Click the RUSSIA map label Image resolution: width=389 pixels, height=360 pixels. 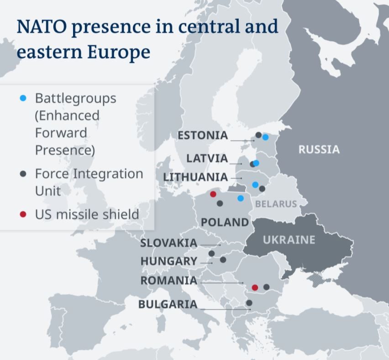319,150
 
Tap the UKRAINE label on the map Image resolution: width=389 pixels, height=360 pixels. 289,240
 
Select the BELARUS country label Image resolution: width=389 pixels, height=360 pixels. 276,204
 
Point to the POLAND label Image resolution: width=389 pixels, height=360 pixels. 225,222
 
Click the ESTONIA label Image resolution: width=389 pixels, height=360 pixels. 203,136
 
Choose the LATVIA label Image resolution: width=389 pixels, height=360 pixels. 207,158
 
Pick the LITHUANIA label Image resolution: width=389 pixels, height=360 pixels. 195,177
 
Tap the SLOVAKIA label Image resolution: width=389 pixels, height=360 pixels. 168,243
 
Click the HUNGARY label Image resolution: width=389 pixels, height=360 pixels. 168,261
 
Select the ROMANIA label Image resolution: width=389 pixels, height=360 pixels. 169,281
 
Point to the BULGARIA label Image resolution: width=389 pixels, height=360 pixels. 168,304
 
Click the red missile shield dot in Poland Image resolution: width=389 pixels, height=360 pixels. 213,194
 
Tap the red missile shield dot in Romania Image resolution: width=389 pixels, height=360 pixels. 255,287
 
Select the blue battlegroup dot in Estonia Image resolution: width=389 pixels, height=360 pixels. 265,137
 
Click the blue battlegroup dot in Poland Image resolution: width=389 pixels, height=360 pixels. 241,198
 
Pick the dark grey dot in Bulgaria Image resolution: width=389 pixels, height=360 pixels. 249,303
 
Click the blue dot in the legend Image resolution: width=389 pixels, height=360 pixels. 23,98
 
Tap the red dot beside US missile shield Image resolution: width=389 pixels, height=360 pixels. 23,214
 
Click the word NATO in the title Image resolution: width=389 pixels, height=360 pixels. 42,26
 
